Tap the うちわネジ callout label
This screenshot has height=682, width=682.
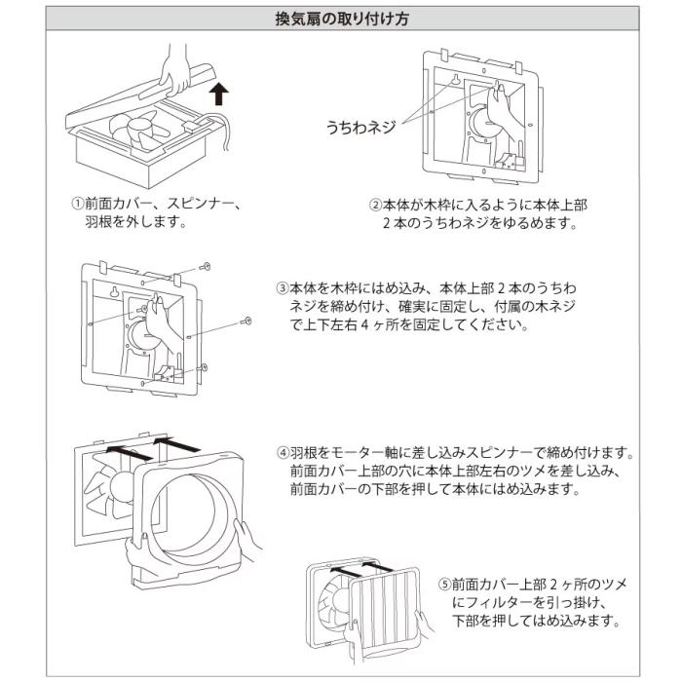(x=360, y=127)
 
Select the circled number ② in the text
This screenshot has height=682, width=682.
(x=374, y=206)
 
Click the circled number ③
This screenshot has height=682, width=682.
(x=283, y=289)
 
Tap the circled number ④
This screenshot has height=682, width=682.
(x=283, y=454)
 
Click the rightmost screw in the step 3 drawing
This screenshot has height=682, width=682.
(x=246, y=320)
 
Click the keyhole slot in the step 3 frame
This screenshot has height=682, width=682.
(x=116, y=292)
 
